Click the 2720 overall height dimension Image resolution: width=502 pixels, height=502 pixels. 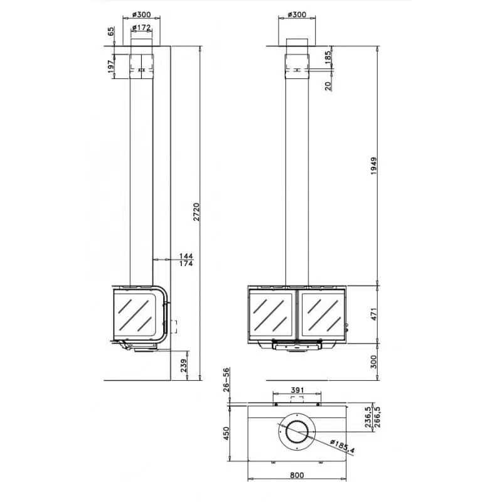[196, 211]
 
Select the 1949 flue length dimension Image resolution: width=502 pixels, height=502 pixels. [373, 166]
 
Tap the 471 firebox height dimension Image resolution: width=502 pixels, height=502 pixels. [373, 314]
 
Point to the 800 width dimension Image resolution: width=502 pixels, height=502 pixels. [297, 475]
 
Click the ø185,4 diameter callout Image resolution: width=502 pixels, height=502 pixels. [342, 446]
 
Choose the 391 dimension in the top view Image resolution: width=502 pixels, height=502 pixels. [297, 390]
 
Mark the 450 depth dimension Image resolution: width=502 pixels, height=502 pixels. [227, 433]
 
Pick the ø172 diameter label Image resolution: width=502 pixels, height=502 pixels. [141, 28]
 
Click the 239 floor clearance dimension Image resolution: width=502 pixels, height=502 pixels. [183, 365]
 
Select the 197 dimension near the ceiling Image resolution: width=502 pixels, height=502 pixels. [111, 67]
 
